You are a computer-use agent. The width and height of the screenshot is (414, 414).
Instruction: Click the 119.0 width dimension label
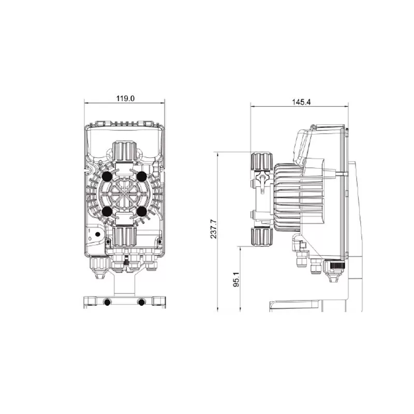pyautogui.click(x=125, y=98)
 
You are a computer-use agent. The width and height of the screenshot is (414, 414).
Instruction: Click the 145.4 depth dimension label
pyautogui.click(x=301, y=102)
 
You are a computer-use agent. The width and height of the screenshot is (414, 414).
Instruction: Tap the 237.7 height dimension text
pyautogui.click(x=213, y=229)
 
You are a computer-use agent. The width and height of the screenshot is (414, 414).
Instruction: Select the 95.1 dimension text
pyautogui.click(x=236, y=279)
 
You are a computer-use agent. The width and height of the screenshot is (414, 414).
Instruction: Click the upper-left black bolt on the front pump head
pyautogui.click(x=107, y=176)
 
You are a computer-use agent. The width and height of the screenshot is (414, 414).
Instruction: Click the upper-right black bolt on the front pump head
pyautogui.click(x=142, y=176)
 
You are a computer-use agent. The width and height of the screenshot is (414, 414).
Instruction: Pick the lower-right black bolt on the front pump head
pyautogui.click(x=142, y=211)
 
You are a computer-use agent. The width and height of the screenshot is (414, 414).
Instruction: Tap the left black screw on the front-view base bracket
pyautogui.click(x=107, y=303)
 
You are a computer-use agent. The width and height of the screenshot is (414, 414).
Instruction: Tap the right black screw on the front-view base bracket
pyautogui.click(x=142, y=303)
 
